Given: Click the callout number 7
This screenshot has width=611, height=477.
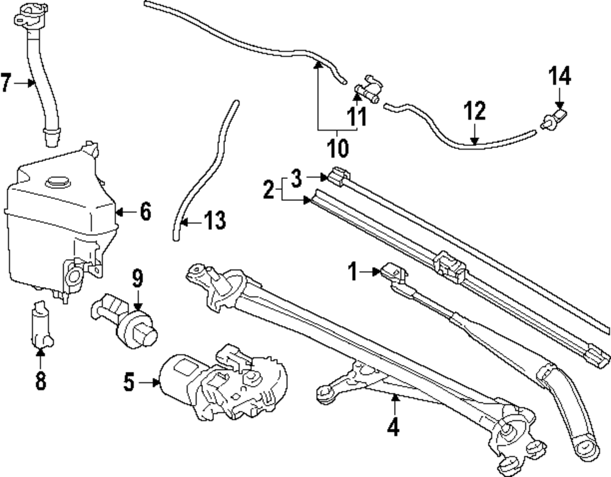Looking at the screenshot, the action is [x=6, y=82].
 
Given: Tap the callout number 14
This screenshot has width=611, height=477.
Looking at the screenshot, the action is [x=560, y=76].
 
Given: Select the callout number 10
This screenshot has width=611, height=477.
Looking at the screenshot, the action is [x=338, y=148].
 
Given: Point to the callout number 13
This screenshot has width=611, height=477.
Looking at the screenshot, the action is [x=214, y=220].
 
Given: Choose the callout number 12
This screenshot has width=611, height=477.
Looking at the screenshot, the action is [x=475, y=111].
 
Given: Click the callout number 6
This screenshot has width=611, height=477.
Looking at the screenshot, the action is [x=145, y=212].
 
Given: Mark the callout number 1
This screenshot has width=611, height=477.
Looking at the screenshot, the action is [x=353, y=271].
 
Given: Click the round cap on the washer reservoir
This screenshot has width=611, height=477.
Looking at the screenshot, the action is [x=57, y=182].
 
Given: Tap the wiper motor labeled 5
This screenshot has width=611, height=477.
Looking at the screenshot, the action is [x=223, y=382].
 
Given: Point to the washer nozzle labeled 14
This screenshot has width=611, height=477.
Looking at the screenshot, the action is [x=554, y=118].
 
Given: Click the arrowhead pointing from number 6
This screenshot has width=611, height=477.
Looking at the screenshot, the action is [x=120, y=212].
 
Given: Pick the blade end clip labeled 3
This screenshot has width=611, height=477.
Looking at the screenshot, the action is [x=337, y=176].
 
